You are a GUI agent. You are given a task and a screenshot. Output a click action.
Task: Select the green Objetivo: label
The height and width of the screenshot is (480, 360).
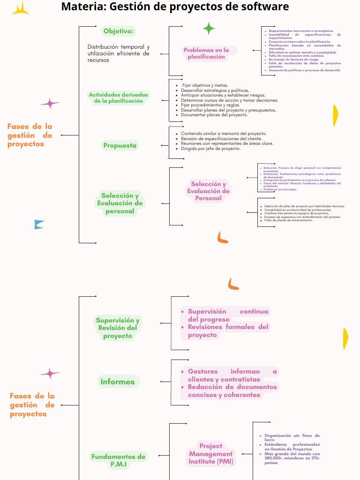[x=119, y=31]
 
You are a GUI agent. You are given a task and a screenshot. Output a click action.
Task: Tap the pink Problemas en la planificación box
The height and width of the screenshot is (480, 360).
[x=207, y=53]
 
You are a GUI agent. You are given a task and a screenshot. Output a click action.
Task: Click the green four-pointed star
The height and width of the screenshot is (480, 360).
[x=209, y=29]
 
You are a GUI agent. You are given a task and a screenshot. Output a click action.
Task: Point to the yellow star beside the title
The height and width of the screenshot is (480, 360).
[x=21, y=8]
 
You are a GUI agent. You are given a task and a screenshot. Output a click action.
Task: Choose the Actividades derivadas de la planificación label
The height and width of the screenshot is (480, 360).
[x=118, y=97]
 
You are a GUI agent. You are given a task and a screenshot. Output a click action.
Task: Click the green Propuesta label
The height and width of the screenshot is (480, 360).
[x=120, y=145]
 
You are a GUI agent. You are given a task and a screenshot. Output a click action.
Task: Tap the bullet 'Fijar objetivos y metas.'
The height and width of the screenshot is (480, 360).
[x=205, y=85]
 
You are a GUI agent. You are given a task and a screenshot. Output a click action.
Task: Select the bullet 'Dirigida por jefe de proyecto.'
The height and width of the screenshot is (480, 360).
[x=210, y=149]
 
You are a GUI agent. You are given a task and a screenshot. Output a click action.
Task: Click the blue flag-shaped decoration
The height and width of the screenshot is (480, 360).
[x=39, y=225]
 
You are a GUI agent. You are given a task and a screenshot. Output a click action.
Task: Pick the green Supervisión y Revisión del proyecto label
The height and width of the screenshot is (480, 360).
[x=118, y=328]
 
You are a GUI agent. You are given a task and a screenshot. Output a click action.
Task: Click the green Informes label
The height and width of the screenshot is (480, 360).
[x=118, y=382]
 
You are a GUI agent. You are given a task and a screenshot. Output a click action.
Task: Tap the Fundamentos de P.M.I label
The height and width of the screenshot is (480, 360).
[x=118, y=460]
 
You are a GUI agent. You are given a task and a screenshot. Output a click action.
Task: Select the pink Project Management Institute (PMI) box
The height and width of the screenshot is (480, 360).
[x=211, y=454]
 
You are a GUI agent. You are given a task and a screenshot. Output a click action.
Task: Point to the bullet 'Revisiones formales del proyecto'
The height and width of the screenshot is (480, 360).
[x=228, y=331]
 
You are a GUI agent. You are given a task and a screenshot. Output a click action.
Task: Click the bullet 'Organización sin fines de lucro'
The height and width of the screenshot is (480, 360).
[x=292, y=438]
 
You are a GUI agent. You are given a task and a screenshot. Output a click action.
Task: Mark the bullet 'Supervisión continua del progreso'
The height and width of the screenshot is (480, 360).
[x=228, y=315]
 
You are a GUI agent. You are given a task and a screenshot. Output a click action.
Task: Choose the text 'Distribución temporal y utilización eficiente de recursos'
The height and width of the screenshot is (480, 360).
[x=118, y=53]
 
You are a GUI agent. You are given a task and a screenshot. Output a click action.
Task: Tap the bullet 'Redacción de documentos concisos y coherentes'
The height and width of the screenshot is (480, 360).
[x=232, y=391]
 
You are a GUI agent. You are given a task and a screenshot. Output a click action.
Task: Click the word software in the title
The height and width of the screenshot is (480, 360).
[x=266, y=7]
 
